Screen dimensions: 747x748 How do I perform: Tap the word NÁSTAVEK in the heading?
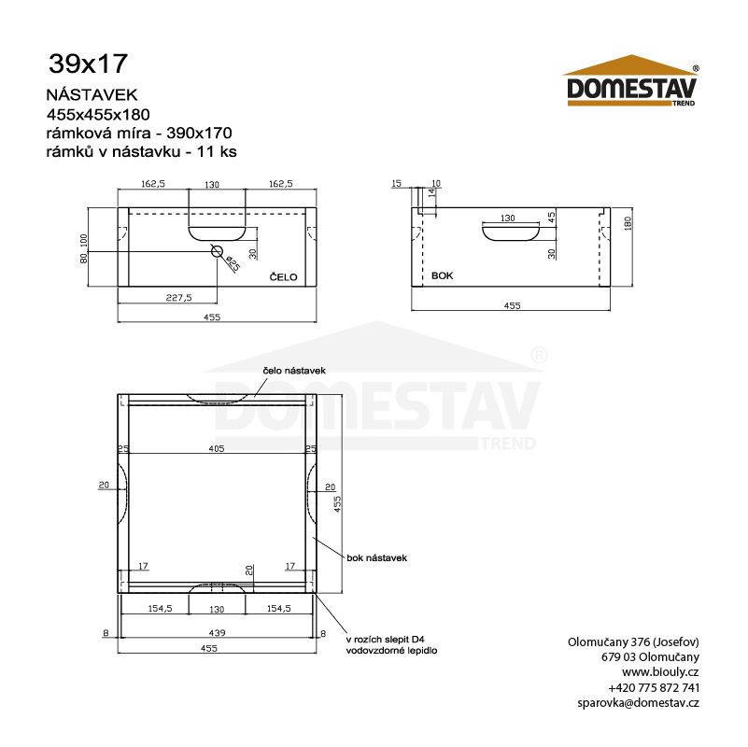[92, 94]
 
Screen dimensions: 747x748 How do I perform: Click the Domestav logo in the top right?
[633, 83]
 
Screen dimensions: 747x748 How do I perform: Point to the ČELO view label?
[283, 276]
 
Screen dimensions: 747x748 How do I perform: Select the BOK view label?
[442, 276]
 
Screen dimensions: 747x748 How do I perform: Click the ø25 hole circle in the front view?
[218, 251]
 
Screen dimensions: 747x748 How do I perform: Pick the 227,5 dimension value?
[179, 297]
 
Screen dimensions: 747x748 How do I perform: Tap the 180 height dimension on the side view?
[628, 224]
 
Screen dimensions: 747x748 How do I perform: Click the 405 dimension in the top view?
[217, 449]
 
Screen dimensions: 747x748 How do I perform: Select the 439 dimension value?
[217, 632]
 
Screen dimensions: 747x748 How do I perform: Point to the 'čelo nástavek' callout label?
[293, 371]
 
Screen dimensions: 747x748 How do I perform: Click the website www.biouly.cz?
[660, 671]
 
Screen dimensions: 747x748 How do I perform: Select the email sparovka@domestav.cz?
[639, 702]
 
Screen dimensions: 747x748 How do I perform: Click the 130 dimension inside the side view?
[507, 218]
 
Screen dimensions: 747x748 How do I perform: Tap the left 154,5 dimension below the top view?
[161, 609]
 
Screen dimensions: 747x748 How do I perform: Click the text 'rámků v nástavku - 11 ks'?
[140, 151]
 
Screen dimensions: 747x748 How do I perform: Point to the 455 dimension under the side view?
[512, 305]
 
